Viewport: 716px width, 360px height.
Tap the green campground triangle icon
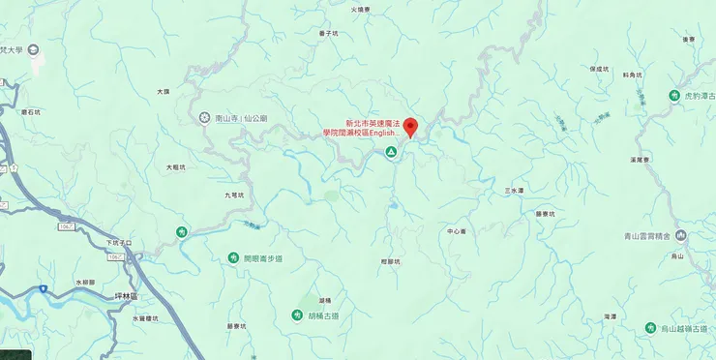click(x=391, y=153)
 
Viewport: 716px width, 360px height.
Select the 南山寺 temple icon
click(x=204, y=118)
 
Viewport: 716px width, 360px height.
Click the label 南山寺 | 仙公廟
click(x=241, y=118)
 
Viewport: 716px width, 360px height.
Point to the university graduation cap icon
click(x=34, y=50)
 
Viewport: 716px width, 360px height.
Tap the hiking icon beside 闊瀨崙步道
click(x=233, y=257)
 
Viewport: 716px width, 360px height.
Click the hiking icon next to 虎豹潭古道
click(x=674, y=96)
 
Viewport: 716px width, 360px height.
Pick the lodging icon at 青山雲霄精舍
click(x=681, y=235)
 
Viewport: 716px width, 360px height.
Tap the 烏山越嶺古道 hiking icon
click(x=651, y=329)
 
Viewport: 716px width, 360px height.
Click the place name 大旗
click(x=163, y=92)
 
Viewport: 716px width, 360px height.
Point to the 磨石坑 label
click(x=31, y=112)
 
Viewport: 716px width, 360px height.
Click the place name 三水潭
click(x=514, y=191)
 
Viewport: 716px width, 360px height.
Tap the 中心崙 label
click(x=457, y=231)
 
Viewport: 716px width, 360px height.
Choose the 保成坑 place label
click(x=598, y=70)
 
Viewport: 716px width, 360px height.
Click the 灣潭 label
click(x=609, y=316)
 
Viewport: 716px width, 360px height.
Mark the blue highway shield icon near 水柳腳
click(x=43, y=288)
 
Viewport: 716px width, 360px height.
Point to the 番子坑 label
click(x=328, y=33)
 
